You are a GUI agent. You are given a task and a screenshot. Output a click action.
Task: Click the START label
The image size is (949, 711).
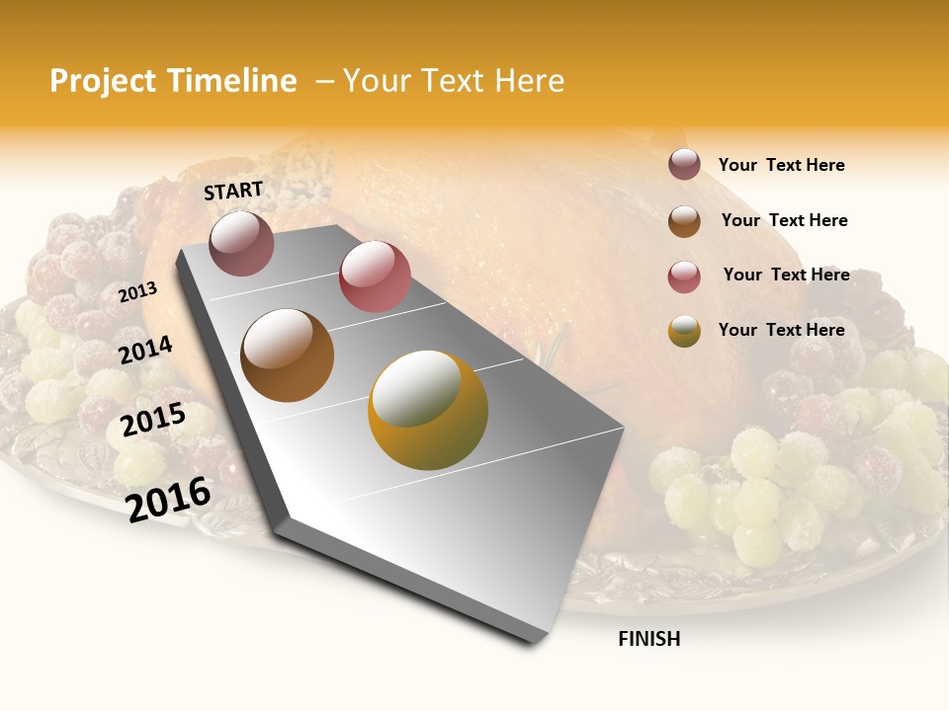click(x=233, y=191)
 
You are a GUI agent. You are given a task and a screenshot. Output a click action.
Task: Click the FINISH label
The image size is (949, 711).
click(x=648, y=639)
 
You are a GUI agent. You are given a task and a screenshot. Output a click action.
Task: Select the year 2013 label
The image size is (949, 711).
click(x=137, y=292)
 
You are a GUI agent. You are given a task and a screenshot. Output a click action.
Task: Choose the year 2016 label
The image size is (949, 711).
click(x=168, y=499)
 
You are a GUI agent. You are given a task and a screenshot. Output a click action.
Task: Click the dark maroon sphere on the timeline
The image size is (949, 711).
click(x=241, y=243)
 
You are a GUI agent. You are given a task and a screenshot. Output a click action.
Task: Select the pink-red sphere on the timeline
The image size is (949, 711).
click(x=375, y=276)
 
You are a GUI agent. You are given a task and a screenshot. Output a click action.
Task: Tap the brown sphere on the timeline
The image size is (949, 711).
click(x=288, y=355)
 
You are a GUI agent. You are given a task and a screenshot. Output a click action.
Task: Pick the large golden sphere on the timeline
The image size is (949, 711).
click(x=428, y=410)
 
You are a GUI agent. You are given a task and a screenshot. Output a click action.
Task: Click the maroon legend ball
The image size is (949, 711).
click(x=684, y=164)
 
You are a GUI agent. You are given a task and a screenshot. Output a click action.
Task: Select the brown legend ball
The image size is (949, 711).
click(x=684, y=221)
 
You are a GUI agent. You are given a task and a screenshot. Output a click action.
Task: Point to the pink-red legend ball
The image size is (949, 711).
click(x=684, y=276)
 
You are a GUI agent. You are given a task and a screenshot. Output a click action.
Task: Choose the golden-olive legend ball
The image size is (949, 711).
click(x=684, y=332)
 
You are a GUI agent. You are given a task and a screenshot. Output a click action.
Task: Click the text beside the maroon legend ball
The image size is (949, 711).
click(x=781, y=166)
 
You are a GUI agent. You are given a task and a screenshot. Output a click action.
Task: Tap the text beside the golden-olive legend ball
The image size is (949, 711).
click(x=781, y=330)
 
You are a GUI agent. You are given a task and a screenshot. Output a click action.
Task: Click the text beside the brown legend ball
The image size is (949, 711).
click(x=784, y=220)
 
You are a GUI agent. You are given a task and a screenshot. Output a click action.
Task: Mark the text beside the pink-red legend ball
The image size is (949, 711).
click(x=786, y=275)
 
